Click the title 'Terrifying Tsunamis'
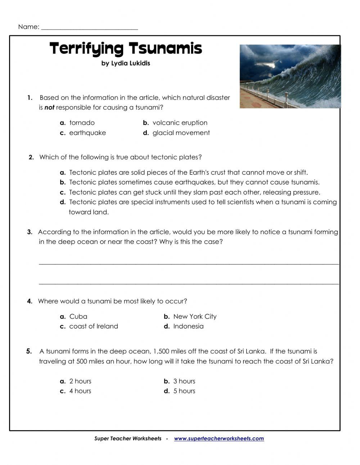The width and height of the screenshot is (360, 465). (126, 48)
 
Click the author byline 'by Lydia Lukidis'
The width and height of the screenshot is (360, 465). (126, 63)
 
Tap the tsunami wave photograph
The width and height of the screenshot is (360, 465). (290, 76)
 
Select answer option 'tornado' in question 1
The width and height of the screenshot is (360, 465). (82, 123)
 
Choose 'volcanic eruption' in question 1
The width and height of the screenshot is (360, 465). (180, 123)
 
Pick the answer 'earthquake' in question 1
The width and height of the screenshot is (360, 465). (87, 133)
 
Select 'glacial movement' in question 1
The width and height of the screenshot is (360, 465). (181, 133)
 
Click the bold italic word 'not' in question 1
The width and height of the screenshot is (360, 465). (49, 107)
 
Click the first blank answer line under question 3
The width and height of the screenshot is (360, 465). (189, 263)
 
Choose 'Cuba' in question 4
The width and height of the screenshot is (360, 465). (78, 317)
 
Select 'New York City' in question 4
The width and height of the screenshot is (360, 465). (195, 317)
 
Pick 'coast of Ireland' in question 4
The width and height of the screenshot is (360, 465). (94, 326)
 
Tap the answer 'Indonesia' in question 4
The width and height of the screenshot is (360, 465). (188, 326)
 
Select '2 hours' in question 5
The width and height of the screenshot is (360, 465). (80, 381)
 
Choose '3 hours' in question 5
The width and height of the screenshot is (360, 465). (184, 381)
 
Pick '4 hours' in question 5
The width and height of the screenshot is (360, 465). (80, 391)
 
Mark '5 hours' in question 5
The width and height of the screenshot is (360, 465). (184, 391)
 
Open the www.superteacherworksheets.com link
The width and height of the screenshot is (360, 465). (219, 439)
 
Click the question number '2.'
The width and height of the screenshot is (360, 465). (31, 157)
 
